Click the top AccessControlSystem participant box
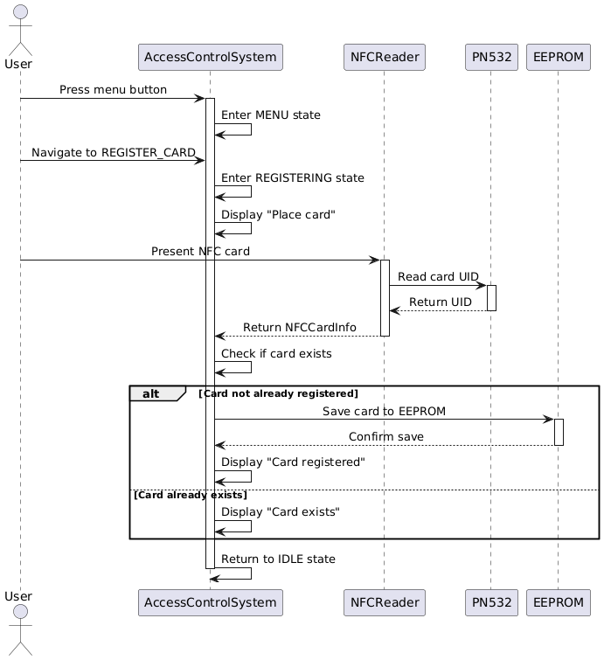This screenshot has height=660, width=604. point(210,57)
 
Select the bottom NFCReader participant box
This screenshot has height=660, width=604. point(384,602)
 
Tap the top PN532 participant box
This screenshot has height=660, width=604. point(490,57)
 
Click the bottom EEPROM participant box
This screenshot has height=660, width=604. point(558,602)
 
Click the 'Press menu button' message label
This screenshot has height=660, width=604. point(113,90)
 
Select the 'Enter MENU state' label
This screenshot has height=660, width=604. point(270,115)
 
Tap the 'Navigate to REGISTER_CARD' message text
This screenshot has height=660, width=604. point(114,152)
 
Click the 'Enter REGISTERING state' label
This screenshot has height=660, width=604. point(292,177)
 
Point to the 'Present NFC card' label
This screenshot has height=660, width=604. point(200,251)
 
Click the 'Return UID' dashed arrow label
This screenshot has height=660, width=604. point(441,302)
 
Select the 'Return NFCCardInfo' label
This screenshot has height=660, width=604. point(299,327)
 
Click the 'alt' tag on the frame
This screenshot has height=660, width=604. point(150,393)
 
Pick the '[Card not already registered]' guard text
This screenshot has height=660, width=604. point(278,393)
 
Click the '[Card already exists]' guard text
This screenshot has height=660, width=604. point(190,495)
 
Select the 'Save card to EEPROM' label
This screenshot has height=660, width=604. point(384,411)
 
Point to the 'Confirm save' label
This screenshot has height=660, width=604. point(385,436)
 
